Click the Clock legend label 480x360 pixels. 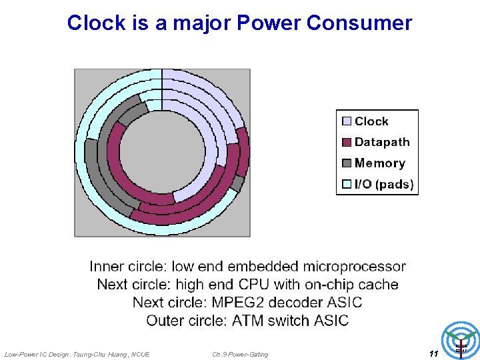[371, 121]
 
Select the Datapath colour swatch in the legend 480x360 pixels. [347, 142]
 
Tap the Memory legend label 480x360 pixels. [379, 163]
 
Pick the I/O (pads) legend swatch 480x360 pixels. [347, 185]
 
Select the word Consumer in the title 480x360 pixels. [359, 23]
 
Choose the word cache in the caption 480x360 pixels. [379, 285]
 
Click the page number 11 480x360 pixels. [433, 354]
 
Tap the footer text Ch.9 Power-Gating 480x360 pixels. [240, 355]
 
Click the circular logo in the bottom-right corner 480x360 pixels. [461, 341]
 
